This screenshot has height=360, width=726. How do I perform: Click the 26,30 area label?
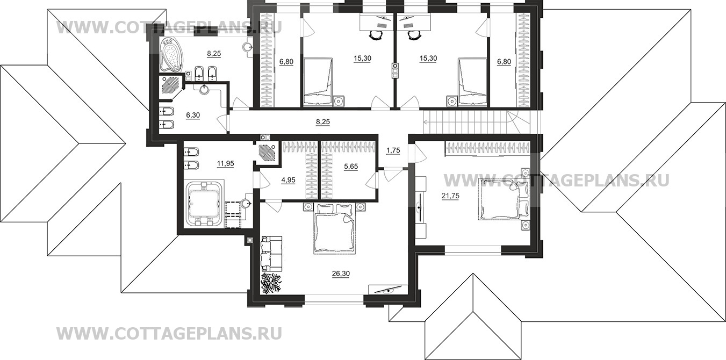(341, 273)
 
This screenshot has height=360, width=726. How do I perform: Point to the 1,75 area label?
(393, 151)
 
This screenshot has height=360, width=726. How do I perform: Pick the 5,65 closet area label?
(350, 167)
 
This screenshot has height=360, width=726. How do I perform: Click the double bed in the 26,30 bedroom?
(335, 230)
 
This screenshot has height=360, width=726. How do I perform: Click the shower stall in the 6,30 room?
(171, 86)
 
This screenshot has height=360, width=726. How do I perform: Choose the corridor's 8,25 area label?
(322, 122)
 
